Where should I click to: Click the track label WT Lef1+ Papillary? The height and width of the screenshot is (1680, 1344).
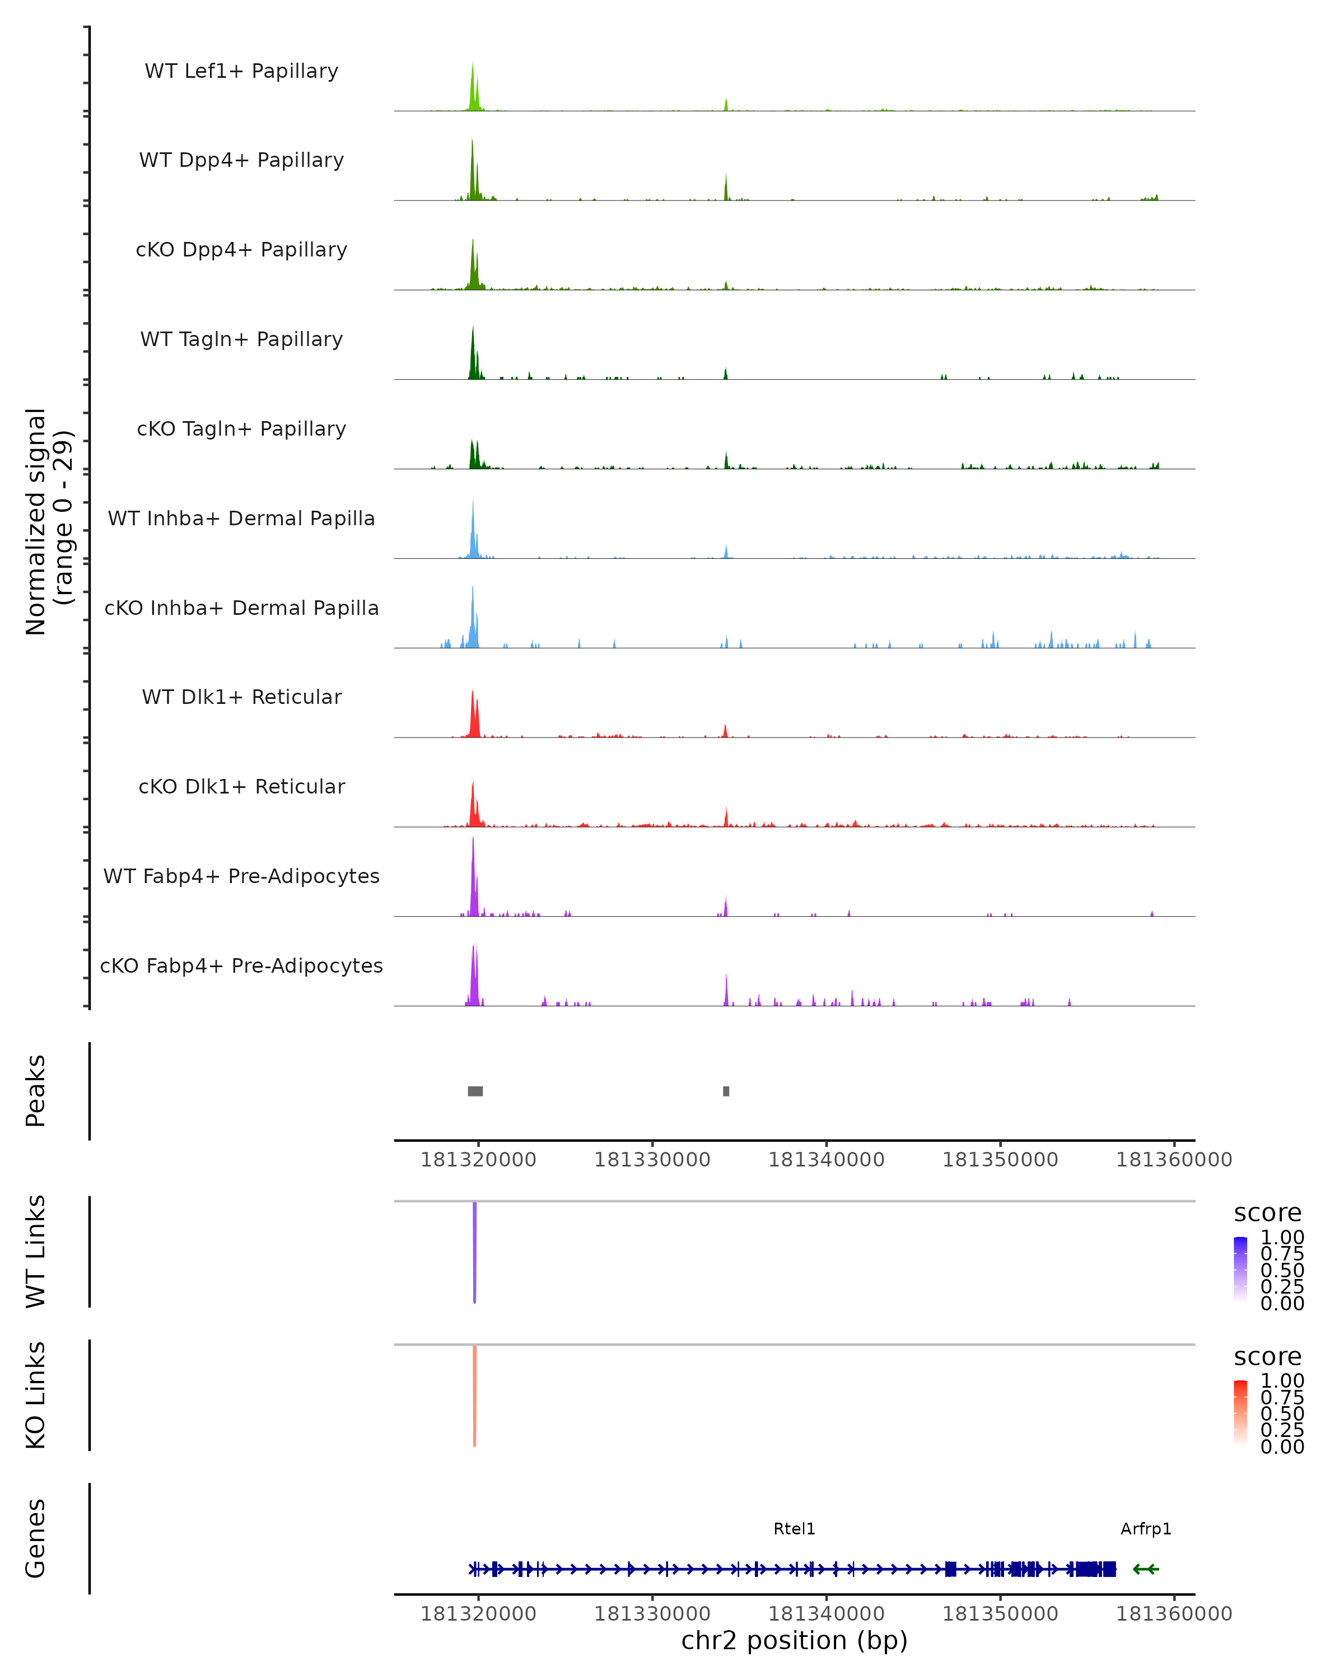(x=241, y=71)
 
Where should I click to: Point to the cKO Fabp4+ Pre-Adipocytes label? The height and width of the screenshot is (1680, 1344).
(x=241, y=965)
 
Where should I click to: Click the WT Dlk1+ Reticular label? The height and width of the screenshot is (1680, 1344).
(x=241, y=697)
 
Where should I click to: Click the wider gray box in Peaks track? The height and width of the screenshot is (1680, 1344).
(x=475, y=1091)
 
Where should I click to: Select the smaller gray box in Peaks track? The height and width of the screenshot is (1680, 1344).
(x=726, y=1091)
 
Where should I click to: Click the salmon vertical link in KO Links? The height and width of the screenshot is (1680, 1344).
(x=474, y=1396)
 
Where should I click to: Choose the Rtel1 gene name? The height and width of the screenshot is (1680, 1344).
(x=794, y=1529)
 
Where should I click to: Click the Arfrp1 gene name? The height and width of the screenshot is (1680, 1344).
(x=1145, y=1529)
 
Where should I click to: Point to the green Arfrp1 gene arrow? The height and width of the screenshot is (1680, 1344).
(x=1145, y=1569)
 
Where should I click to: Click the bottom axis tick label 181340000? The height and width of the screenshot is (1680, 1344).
(x=826, y=1614)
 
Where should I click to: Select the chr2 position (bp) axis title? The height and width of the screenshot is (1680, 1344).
(x=794, y=1641)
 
